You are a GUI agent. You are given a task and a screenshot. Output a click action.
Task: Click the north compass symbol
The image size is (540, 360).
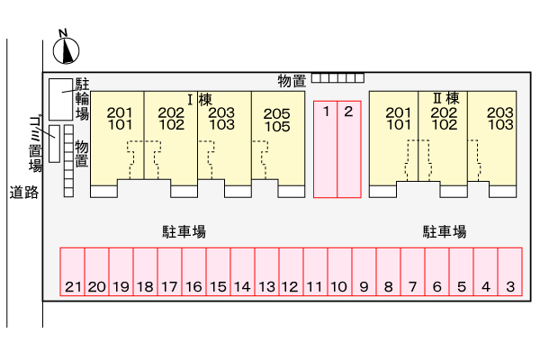coord(66,49)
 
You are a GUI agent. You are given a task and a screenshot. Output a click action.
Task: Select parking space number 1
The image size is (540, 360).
coord(325,148)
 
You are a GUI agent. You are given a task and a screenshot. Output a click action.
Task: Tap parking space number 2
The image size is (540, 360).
coord(348,148)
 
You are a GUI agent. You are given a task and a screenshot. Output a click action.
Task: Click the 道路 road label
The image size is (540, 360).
coord(23,192)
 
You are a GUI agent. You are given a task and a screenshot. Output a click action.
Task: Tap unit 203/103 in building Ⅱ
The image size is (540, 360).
coord(499,119)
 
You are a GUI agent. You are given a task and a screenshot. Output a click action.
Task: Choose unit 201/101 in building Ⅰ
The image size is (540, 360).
coord(120,119)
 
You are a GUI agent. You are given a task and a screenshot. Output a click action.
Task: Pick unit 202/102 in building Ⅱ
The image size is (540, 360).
coord(444,119)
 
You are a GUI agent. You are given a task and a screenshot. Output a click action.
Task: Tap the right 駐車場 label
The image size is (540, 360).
coord(445,231)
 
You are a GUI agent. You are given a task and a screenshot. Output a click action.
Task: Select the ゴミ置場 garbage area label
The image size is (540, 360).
coord(35,143)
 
